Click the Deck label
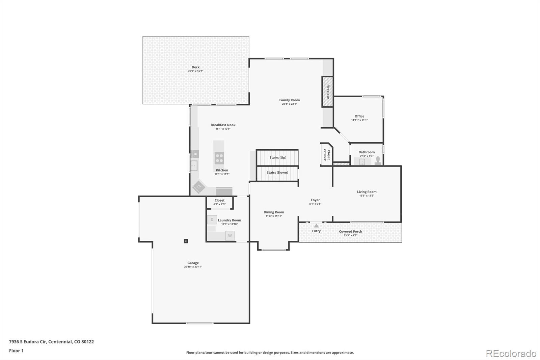(195, 67)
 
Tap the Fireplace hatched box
(327, 92)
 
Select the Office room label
(359, 116)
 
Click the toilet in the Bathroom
(378, 160)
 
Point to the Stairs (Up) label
(278, 157)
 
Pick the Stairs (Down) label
(277, 172)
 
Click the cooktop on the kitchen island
(219, 158)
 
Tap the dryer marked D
(212, 220)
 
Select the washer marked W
(230, 235)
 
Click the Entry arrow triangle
(316, 226)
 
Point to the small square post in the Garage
(186, 241)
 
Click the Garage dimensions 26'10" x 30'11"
(193, 267)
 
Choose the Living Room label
(367, 192)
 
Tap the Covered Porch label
(350, 231)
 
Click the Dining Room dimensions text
(274, 216)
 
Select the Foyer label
(315, 200)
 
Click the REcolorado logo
(511, 353)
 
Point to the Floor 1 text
(16, 351)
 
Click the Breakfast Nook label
(223, 125)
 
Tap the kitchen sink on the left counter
(194, 165)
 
